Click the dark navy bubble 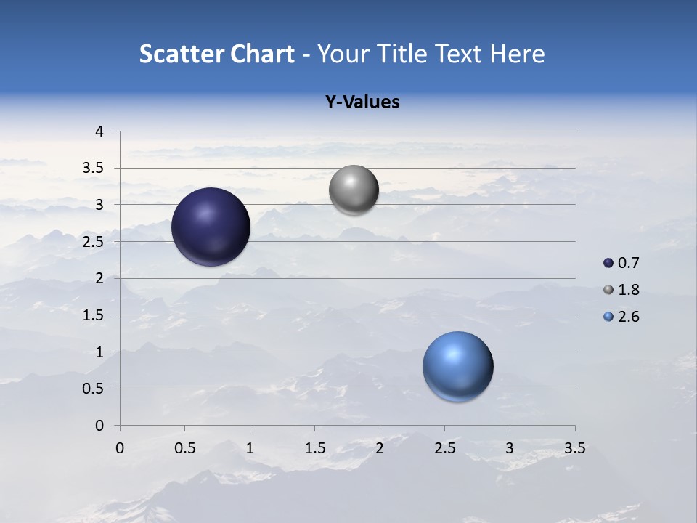tap(211, 227)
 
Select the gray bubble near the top tap(354, 190)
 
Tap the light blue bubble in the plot tap(457, 366)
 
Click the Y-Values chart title tap(362, 102)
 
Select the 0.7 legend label tap(628, 263)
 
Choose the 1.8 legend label tap(628, 290)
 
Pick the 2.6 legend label tap(628, 317)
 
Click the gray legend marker tap(608, 290)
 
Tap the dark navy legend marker tap(608, 263)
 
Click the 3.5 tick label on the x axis tap(574, 448)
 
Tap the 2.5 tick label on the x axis tap(444, 448)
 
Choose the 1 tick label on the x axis tap(250, 448)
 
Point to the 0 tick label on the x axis tap(120, 448)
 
